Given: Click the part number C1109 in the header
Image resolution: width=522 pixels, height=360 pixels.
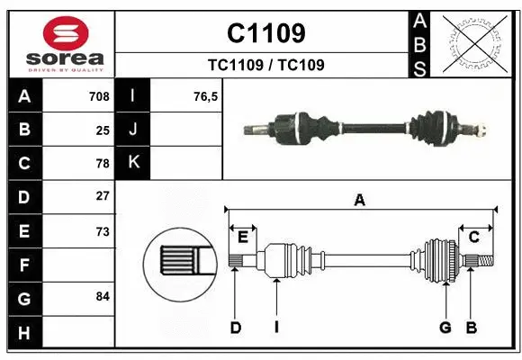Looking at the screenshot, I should (x=265, y=33).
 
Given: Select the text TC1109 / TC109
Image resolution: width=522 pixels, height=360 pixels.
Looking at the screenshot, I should (x=265, y=65).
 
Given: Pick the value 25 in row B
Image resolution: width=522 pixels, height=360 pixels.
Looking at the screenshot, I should (x=103, y=130).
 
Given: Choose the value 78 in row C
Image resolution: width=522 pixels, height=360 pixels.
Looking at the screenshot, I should (x=103, y=163).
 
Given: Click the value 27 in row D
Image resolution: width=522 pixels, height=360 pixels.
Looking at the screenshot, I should (x=103, y=196).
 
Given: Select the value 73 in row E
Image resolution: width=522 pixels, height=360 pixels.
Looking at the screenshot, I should (x=103, y=230).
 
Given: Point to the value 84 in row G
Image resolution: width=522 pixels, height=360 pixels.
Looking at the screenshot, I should (x=103, y=296).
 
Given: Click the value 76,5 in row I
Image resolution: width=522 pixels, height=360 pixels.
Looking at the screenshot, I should (x=206, y=96).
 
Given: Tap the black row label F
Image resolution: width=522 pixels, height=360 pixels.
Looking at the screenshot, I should (x=23, y=265).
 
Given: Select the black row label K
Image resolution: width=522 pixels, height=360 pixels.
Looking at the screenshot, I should (x=134, y=163).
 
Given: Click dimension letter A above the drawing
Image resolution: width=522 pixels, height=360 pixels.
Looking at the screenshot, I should (x=360, y=201).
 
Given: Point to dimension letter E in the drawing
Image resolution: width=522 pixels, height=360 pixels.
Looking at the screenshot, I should (x=243, y=237).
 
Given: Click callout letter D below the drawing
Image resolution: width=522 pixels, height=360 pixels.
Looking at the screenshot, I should (x=235, y=328).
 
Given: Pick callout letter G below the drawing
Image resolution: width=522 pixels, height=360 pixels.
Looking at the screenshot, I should (x=445, y=328).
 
